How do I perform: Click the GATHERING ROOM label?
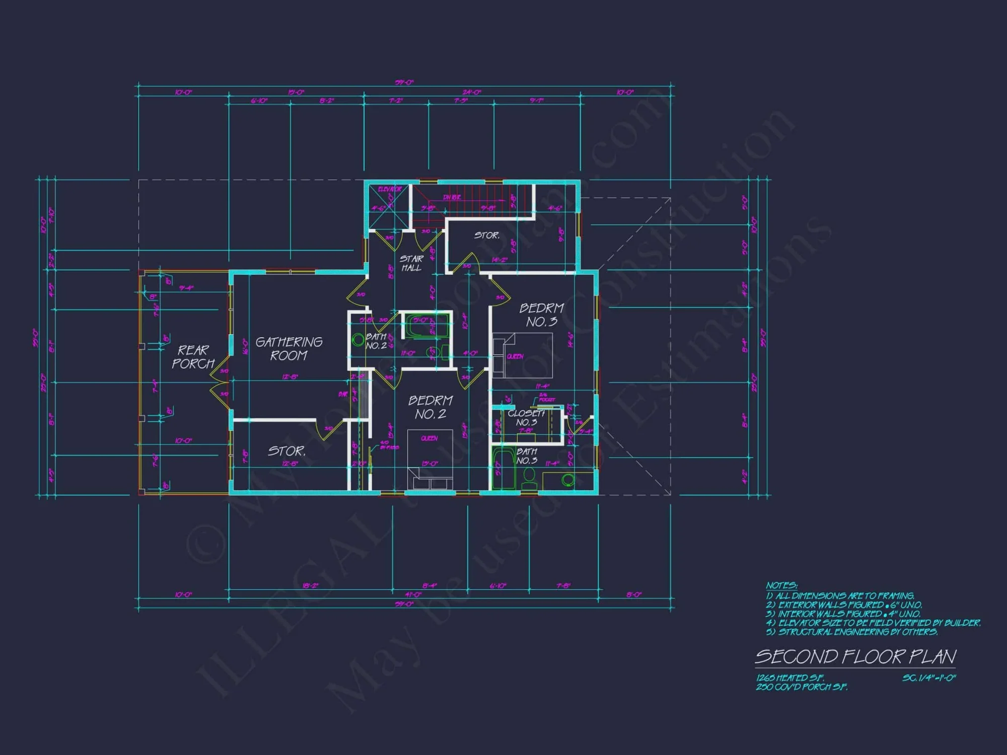[289, 349]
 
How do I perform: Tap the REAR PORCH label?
[193, 356]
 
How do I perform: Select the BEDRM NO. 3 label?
[542, 315]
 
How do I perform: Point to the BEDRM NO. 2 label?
[430, 407]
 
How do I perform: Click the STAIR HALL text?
[411, 263]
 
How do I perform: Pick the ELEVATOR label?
[390, 189]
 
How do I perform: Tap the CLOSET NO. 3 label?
[526, 418]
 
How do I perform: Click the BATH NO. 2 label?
[376, 341]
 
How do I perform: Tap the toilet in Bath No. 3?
[529, 477]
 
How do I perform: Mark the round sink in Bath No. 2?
[358, 340]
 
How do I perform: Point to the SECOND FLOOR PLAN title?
[855, 656]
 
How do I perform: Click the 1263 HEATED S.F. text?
[789, 678]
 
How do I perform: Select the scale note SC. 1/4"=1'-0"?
[928, 678]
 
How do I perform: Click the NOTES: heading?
[781, 585]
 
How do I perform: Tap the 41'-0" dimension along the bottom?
[413, 594]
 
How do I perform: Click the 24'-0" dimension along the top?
[472, 92]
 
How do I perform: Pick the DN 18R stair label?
[452, 197]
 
